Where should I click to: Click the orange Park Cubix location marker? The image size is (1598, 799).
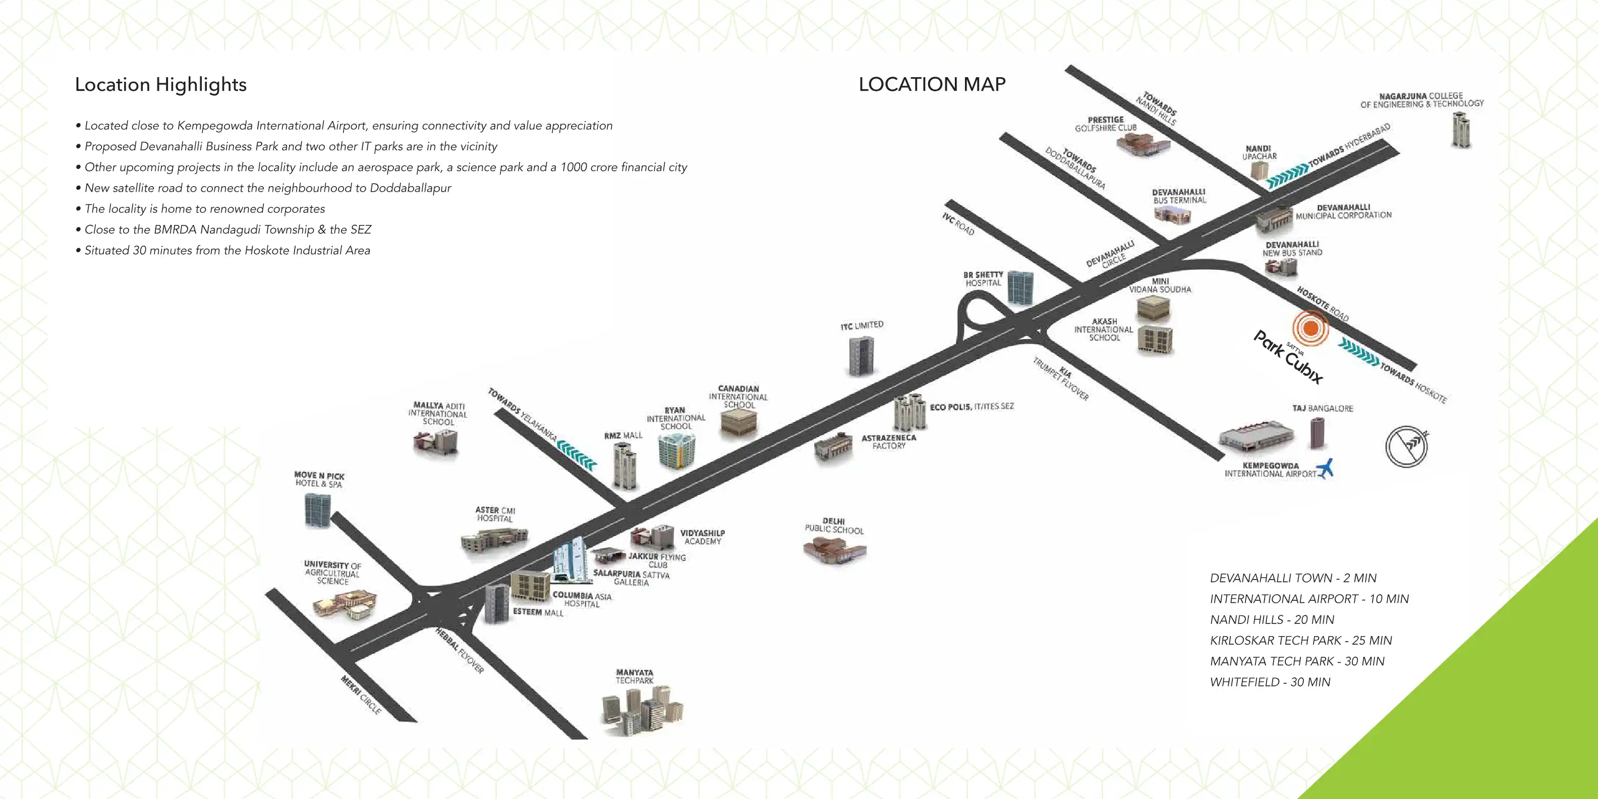pyautogui.click(x=1310, y=328)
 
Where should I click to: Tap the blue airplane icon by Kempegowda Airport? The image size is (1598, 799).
pyautogui.click(x=1326, y=469)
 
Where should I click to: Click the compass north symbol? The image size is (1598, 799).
pyautogui.click(x=1406, y=446)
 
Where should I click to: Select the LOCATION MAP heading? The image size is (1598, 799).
pyautogui.click(x=932, y=84)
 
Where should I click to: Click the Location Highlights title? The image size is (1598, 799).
pyautogui.click(x=161, y=84)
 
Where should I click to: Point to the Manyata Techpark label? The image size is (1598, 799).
pyautogui.click(x=634, y=676)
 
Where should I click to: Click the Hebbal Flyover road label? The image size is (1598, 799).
pyautogui.click(x=459, y=651)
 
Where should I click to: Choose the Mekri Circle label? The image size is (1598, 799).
pyautogui.click(x=361, y=695)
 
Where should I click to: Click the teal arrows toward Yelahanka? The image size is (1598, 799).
pyautogui.click(x=577, y=454)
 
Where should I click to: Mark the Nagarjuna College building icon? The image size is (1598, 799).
pyautogui.click(x=1461, y=130)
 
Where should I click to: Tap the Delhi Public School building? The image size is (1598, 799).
pyautogui.click(x=834, y=550)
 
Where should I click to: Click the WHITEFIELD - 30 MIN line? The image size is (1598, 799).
pyautogui.click(x=1270, y=682)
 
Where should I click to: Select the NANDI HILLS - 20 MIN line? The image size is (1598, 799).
pyautogui.click(x=1272, y=619)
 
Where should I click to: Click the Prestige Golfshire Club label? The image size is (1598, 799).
pyautogui.click(x=1106, y=124)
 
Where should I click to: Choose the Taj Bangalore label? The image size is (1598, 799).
pyautogui.click(x=1323, y=408)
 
